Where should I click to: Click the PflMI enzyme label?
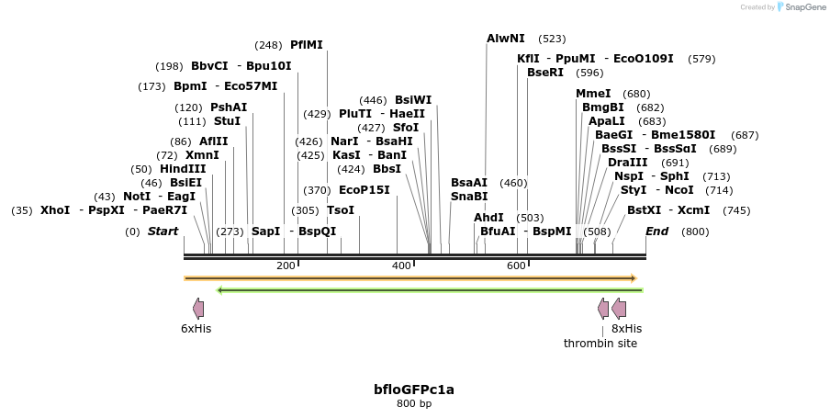pos(306,44)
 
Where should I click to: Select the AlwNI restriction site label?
pos(506,39)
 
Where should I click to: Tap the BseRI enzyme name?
pos(545,73)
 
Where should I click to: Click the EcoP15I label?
pos(365,190)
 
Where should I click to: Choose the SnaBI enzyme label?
pos(469,196)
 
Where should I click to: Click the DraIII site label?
pos(627,163)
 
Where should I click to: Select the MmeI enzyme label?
pos(593,94)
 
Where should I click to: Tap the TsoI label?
pos(341,209)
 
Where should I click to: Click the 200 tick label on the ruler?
pos(286,265)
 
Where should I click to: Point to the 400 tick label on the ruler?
pos(401,265)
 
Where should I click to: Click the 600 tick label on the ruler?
pos(516,265)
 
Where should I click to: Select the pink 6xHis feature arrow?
pos(198,309)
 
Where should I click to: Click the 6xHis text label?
pos(196,328)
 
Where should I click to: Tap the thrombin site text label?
pos(600,343)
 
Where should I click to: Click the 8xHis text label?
pos(626,328)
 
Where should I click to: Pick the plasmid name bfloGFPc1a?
pos(414,390)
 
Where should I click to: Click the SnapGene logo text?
pos(805,7)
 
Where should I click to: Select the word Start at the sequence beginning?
pos(163,232)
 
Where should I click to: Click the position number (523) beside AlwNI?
pos(552,39)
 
